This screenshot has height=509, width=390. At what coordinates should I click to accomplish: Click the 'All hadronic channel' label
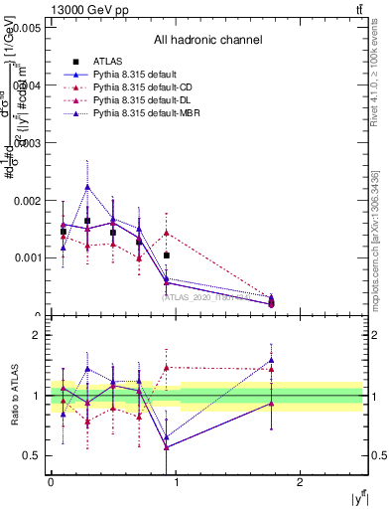207,41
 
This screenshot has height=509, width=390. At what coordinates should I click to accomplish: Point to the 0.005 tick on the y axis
24,29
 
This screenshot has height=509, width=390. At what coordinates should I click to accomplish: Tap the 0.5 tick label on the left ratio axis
32,456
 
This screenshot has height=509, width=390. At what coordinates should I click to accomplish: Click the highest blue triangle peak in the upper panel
87,187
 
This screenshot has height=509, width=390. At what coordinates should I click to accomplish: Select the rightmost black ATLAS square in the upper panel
166,255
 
